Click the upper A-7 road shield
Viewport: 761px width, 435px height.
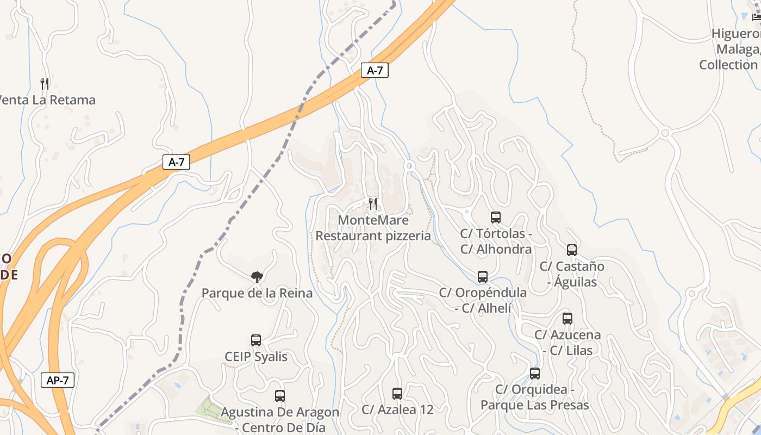375,70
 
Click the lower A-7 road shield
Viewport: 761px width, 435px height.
176,162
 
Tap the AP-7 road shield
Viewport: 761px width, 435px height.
58,380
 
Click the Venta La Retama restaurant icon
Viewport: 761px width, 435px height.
45,84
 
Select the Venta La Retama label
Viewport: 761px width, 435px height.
47,100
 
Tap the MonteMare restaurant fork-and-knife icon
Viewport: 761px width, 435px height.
373,204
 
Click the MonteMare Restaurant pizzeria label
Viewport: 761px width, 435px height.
373,228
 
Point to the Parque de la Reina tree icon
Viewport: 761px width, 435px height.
257,277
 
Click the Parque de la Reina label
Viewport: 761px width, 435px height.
257,294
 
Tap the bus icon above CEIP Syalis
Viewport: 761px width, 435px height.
256,340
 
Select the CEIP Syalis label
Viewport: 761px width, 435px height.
256,357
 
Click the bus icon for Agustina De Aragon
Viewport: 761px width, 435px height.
280,396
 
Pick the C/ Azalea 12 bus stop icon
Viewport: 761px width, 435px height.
397,394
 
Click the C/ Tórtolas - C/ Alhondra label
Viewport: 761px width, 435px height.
496,241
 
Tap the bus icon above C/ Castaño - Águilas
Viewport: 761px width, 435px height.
572,250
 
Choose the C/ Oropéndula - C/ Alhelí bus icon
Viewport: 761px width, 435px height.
483,277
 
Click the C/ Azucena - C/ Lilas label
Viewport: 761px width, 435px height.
567,343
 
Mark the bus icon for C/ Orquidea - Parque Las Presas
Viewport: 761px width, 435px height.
535,374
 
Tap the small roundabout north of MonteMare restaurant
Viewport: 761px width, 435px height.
410,165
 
